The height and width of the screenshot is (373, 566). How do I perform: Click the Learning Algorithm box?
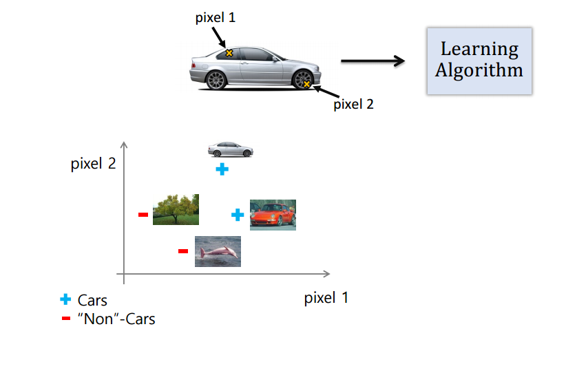[479, 61]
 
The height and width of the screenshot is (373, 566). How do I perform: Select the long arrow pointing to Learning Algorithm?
[372, 61]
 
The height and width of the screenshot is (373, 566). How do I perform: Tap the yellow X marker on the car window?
[229, 52]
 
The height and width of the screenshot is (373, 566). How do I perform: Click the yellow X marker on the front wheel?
[306, 85]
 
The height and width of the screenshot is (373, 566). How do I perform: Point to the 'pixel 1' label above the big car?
[214, 18]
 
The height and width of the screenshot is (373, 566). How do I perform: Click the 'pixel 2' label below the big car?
[353, 105]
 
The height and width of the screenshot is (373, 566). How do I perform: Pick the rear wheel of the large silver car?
[216, 80]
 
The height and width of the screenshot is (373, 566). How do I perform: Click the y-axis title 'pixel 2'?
[92, 165]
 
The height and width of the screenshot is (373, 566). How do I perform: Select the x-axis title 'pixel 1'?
[326, 298]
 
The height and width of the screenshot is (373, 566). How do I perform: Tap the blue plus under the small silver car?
[221, 169]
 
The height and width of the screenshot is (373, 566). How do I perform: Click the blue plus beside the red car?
[238, 215]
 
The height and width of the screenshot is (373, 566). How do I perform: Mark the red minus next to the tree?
[143, 215]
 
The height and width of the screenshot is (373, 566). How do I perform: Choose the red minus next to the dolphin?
[183, 251]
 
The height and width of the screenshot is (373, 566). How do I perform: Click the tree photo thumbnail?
[176, 209]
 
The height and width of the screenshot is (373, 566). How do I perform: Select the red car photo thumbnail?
[273, 215]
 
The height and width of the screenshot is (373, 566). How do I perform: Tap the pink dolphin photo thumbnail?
[218, 251]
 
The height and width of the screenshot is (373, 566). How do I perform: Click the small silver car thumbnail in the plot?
[231, 149]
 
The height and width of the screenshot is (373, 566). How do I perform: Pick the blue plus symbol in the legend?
[65, 299]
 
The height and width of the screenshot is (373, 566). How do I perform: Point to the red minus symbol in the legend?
[65, 318]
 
